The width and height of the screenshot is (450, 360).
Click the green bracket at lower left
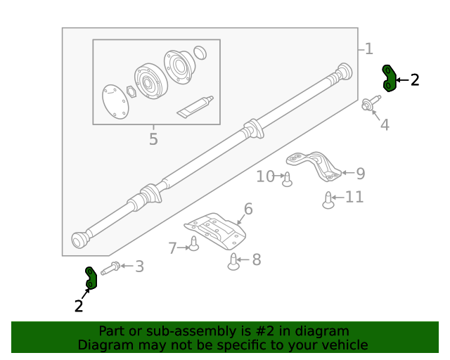tap(91, 278)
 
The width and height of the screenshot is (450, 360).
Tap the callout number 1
tap(368, 49)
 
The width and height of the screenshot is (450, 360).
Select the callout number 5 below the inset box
tap(153, 139)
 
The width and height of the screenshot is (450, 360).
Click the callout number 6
tap(247, 209)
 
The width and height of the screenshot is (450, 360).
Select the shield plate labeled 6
tap(214, 231)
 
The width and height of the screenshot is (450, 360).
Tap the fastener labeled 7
tap(194, 245)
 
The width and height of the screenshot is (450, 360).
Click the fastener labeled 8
tap(235, 263)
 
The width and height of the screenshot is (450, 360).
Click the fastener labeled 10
tap(287, 180)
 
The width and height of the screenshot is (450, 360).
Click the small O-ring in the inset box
tap(200, 53)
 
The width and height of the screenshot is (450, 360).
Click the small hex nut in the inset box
tap(131, 90)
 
